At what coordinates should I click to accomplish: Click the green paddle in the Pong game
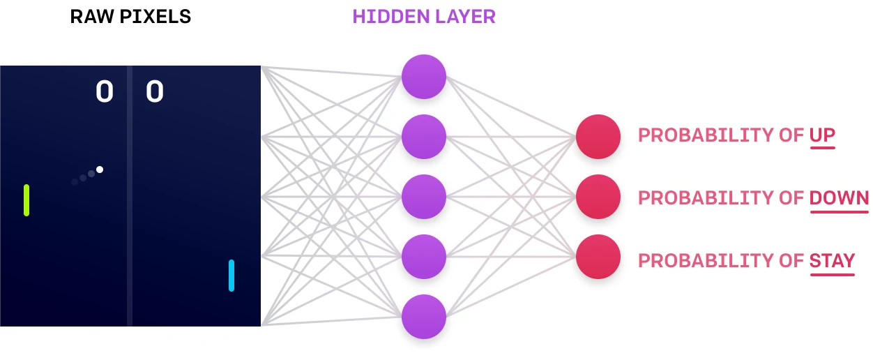[x=26, y=200]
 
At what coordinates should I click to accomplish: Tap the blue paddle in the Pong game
[x=231, y=276]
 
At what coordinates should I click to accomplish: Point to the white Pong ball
[x=100, y=170]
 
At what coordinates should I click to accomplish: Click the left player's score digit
[x=105, y=91]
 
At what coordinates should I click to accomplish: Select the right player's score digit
[x=155, y=91]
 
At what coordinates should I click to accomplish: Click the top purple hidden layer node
[x=423, y=77]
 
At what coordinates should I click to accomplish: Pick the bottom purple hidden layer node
[x=423, y=317]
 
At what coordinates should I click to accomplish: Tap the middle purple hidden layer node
[x=423, y=197]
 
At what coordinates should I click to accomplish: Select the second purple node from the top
[x=423, y=137]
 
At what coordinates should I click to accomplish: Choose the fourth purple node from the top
[x=423, y=257]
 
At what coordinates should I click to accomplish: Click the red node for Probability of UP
[x=598, y=137]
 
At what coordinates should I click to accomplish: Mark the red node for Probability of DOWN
[x=598, y=197]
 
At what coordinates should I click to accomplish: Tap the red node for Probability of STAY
[x=598, y=257]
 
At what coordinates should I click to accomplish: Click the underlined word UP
[x=822, y=135]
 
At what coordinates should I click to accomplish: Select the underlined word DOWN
[x=839, y=198]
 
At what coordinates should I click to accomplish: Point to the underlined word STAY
[x=832, y=261]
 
